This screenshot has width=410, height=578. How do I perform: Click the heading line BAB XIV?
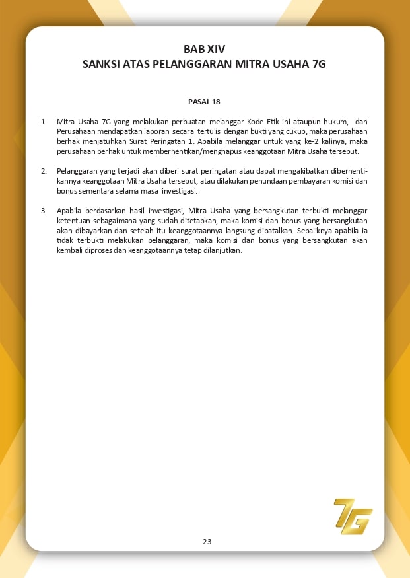pos(205,50)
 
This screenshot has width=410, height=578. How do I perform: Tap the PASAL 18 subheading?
pos(204,102)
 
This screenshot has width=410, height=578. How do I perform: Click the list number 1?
pos(44,122)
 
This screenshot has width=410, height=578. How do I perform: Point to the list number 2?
pos(44,171)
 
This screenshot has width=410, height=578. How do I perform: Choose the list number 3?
pos(44,211)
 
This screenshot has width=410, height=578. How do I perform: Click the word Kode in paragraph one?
pos(255,122)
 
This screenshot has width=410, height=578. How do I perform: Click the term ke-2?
pos(316,141)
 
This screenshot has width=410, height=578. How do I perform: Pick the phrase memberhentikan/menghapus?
pos(195,151)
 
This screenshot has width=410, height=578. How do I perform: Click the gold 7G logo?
pos(353,516)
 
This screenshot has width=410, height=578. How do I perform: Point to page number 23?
pos(207,542)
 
